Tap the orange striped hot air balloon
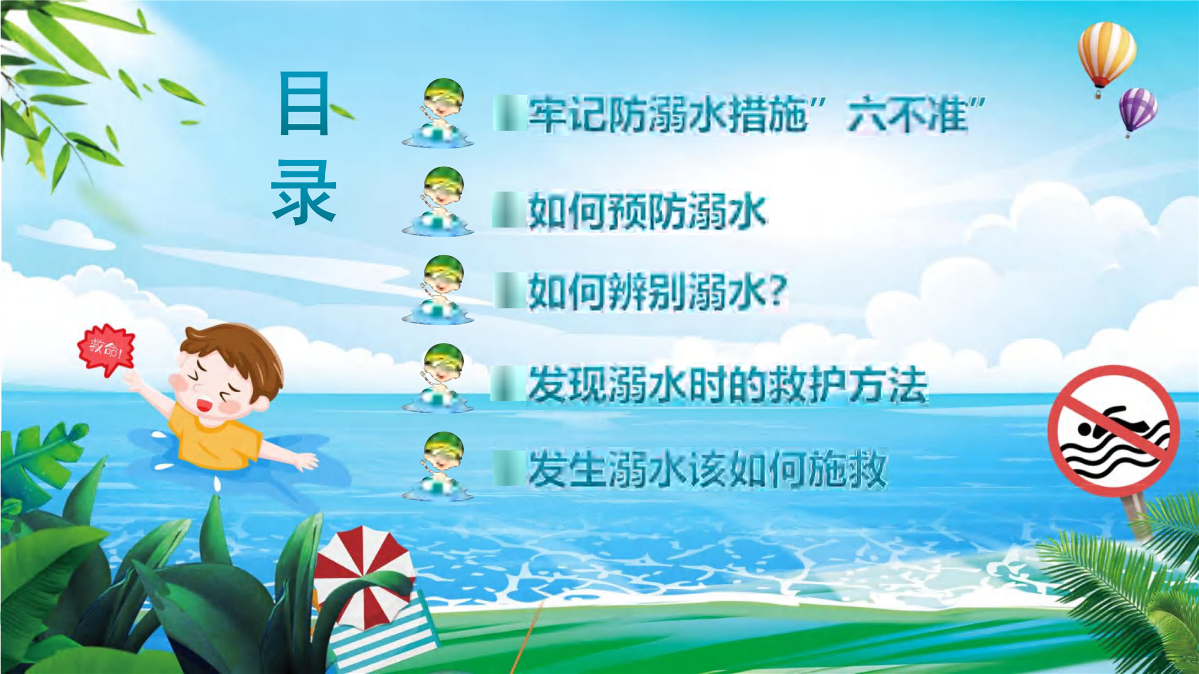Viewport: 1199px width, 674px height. click(x=1105, y=58)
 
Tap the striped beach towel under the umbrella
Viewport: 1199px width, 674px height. click(x=385, y=633)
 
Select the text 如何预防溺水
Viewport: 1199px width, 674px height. click(x=647, y=211)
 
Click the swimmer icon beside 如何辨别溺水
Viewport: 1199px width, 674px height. click(x=438, y=289)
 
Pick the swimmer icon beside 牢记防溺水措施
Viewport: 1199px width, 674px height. click(x=438, y=113)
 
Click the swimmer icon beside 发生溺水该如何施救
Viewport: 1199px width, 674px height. click(x=438, y=467)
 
